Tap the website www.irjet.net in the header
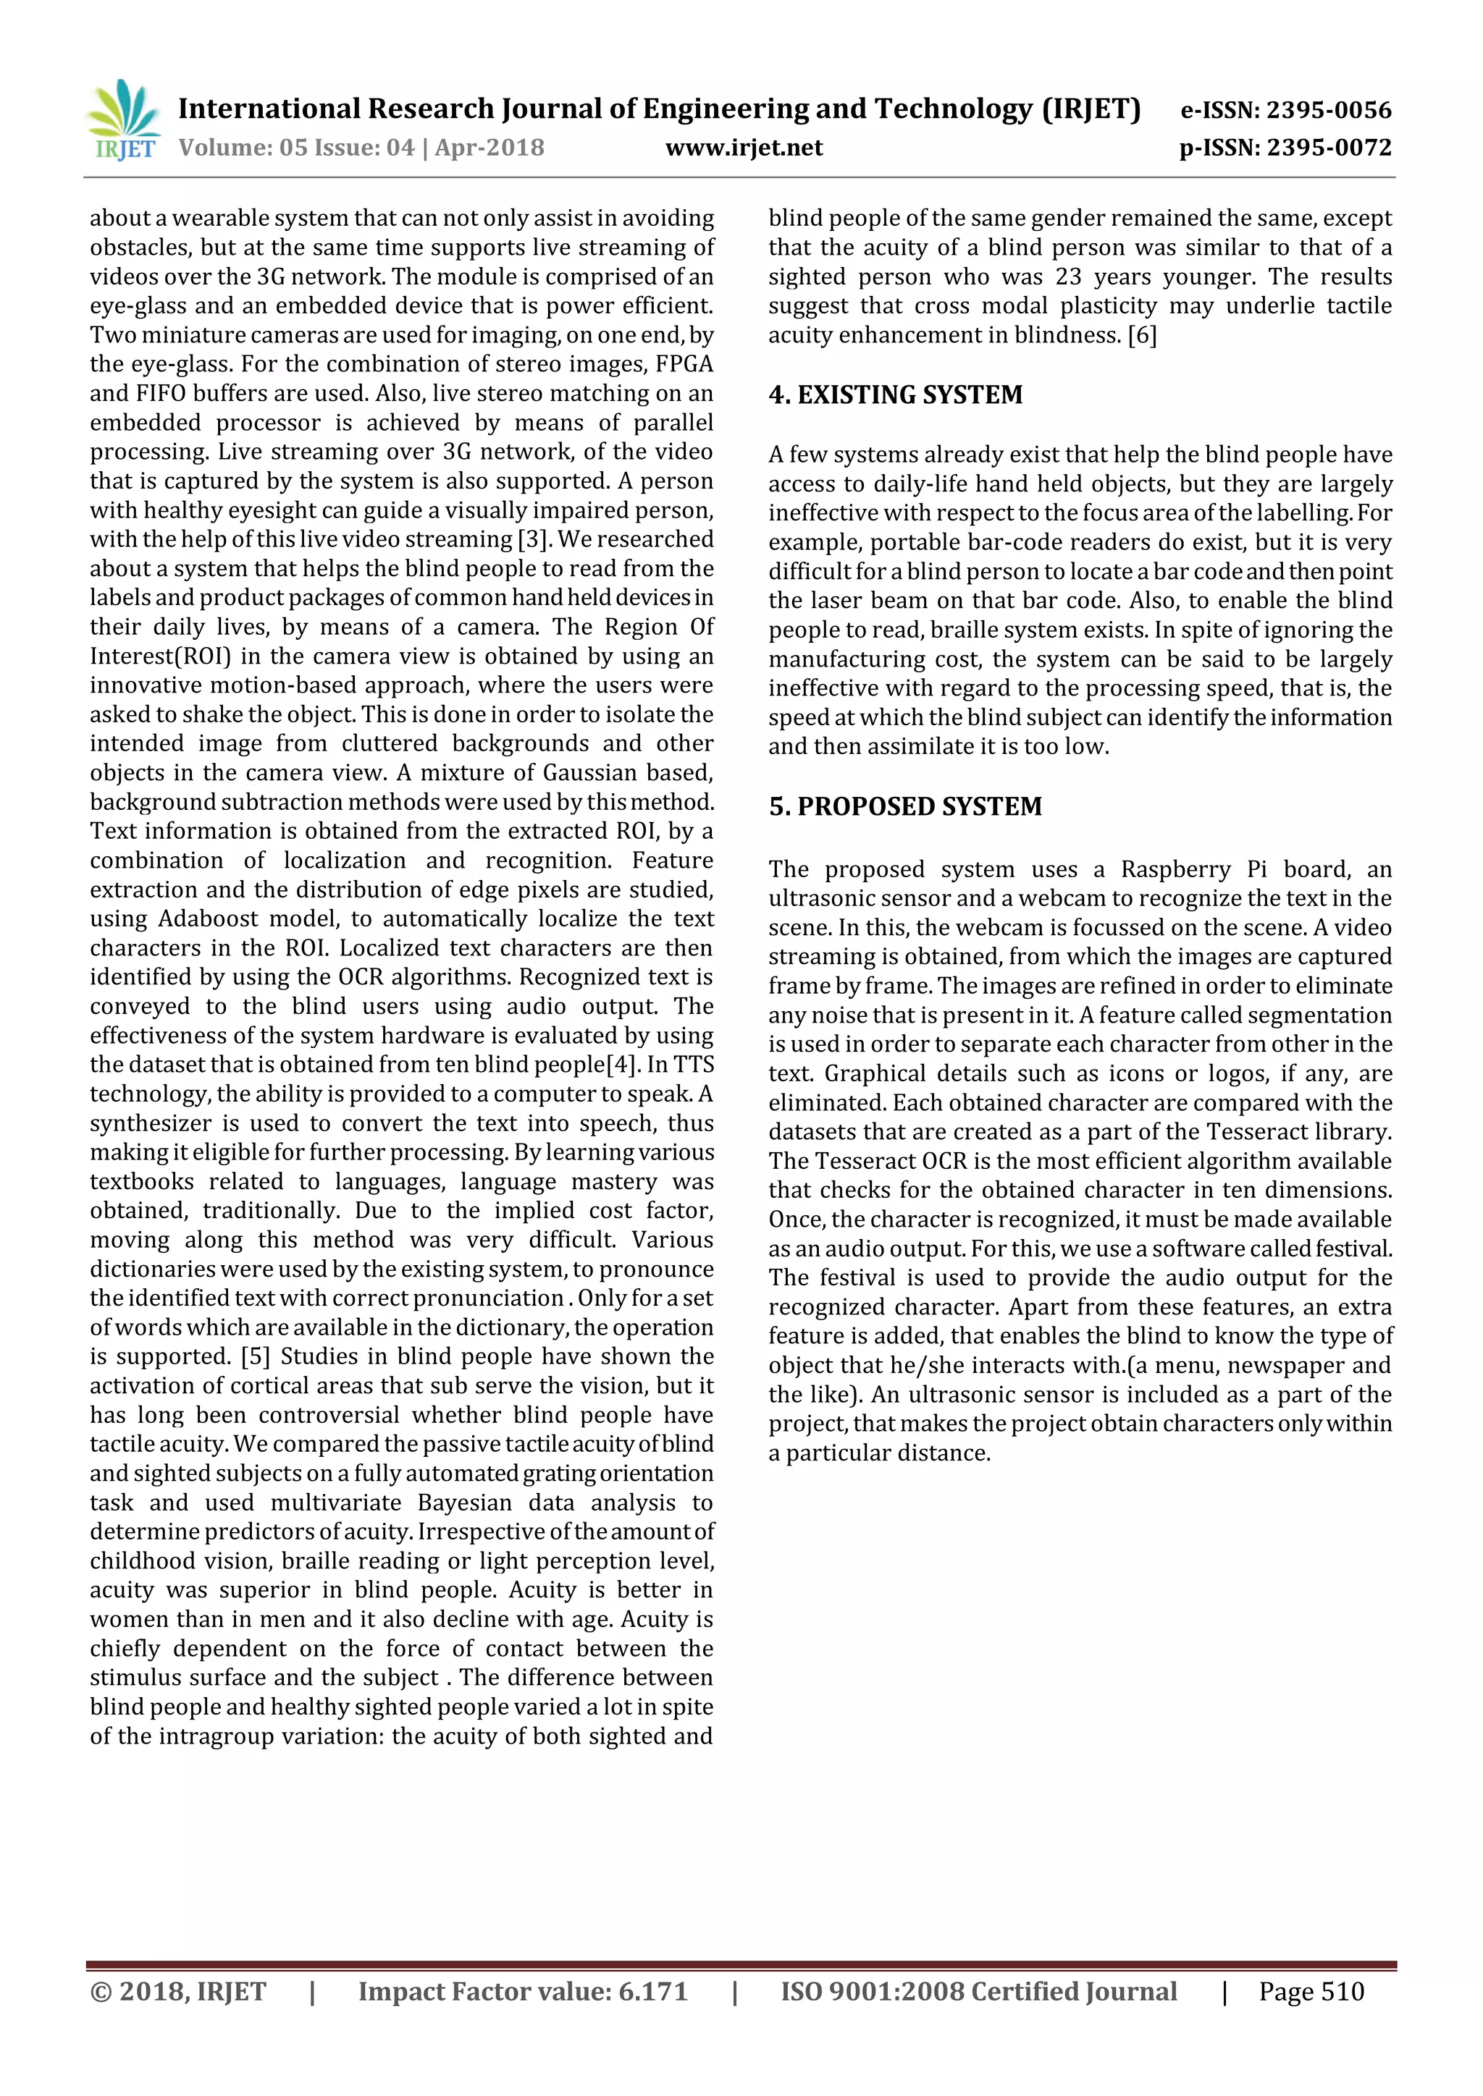point(744,148)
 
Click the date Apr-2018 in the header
point(490,148)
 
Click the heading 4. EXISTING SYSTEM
point(895,394)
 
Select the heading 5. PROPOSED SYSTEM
point(905,806)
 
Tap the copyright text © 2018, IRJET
point(178,1991)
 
